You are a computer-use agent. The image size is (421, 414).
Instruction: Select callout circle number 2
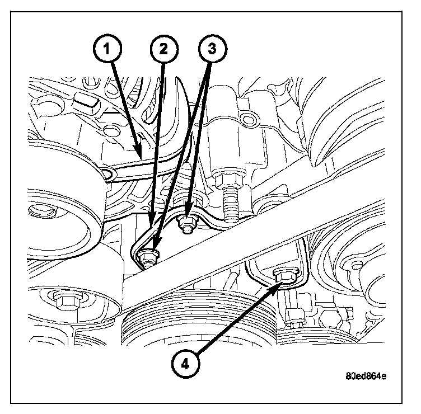162,49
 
